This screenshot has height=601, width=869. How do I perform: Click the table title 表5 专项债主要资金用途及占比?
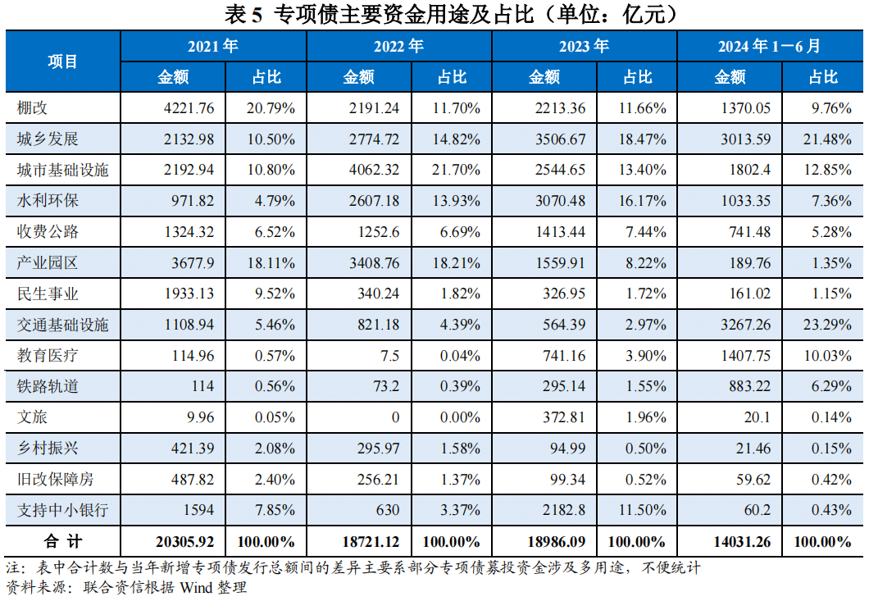click(434, 14)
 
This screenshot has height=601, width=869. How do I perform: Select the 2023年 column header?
click(584, 47)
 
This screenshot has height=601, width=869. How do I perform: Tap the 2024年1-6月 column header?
click(769, 47)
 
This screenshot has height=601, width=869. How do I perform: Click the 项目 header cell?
click(62, 61)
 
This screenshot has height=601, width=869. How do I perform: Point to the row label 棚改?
click(33, 107)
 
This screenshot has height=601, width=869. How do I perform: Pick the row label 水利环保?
click(48, 200)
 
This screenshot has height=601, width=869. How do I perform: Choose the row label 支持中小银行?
click(62, 510)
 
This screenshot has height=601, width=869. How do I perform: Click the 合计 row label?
click(62, 542)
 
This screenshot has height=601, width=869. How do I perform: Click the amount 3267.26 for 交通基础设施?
click(745, 325)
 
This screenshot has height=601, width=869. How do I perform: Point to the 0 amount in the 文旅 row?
click(395, 417)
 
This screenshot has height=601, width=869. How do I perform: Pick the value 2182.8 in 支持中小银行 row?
click(565, 510)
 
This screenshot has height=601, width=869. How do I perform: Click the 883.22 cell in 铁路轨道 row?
click(749, 386)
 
